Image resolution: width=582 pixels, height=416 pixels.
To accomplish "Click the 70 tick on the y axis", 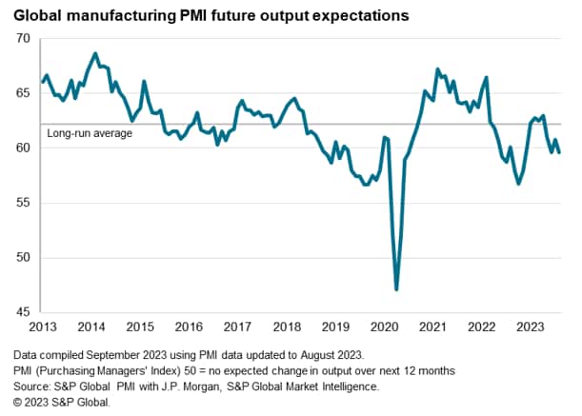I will (23, 39).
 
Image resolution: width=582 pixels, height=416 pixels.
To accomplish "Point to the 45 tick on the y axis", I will (23, 312).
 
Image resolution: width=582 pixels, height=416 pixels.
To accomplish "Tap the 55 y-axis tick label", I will (23, 203).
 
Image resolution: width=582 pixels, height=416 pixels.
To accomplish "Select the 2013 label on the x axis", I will (41, 327).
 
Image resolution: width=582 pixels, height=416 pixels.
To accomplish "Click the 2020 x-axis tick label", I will (384, 327).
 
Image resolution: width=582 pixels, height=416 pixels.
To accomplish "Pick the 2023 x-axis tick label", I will (531, 327).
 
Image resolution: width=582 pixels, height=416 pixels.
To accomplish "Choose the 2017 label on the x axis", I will (237, 327).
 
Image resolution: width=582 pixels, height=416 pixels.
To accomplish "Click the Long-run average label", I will (90, 133).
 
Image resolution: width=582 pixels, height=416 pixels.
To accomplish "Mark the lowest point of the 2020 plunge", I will (396, 289).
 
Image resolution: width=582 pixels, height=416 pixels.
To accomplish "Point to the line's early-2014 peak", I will (95, 53).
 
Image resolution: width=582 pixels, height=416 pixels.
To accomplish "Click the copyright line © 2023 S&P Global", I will (63, 403).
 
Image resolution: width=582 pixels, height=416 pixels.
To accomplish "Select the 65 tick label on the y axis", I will (23, 93).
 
